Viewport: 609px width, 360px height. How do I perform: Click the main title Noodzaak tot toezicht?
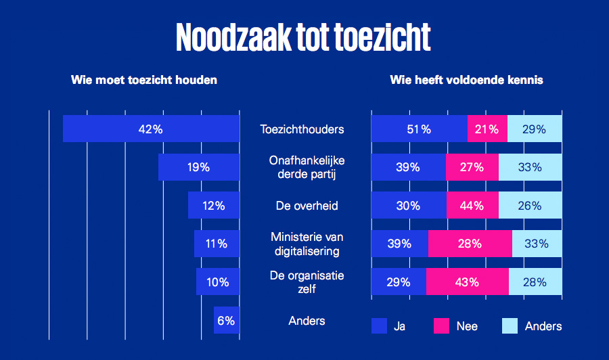coord(303,38)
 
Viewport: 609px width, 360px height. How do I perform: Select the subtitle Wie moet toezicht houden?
coord(144,80)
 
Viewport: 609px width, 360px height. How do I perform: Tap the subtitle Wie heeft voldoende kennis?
coord(466,80)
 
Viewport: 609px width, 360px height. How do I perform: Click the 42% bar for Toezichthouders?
coord(151,129)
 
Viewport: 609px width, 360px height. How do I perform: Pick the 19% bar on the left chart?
coord(198,167)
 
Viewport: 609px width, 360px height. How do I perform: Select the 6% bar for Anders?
coord(226,321)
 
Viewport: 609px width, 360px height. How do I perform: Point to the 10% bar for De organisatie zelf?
coord(217,282)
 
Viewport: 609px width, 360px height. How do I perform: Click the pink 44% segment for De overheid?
coord(472,206)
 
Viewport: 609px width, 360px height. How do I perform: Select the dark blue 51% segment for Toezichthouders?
coord(420,129)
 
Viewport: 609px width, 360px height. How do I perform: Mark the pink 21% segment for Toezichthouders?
coord(487,129)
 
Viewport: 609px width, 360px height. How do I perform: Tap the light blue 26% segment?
coord(531,206)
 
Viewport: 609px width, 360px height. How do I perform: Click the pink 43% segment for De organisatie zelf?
coord(467,282)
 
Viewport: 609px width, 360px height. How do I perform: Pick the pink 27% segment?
coord(472,167)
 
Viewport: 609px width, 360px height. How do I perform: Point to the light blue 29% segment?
coord(535,129)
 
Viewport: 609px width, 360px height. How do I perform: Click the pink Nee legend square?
coord(441,326)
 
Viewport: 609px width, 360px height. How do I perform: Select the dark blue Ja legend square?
coord(379,326)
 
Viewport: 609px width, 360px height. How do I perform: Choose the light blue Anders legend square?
coord(510,326)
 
